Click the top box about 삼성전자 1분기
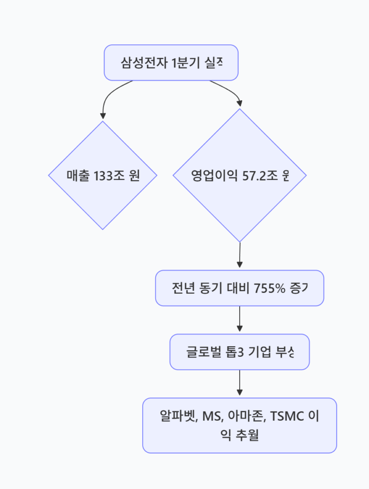coord(171,63)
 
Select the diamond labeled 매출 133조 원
coord(103,175)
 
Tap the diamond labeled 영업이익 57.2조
coord(240,175)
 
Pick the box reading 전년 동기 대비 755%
coord(240,288)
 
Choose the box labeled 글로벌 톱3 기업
coord(240,352)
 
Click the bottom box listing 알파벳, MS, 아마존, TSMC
coord(240,425)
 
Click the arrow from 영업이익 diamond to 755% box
coord(240,255)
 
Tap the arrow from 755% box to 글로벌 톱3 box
coord(240,319)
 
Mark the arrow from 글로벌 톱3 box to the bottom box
coord(240,383)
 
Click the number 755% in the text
coord(269,288)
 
